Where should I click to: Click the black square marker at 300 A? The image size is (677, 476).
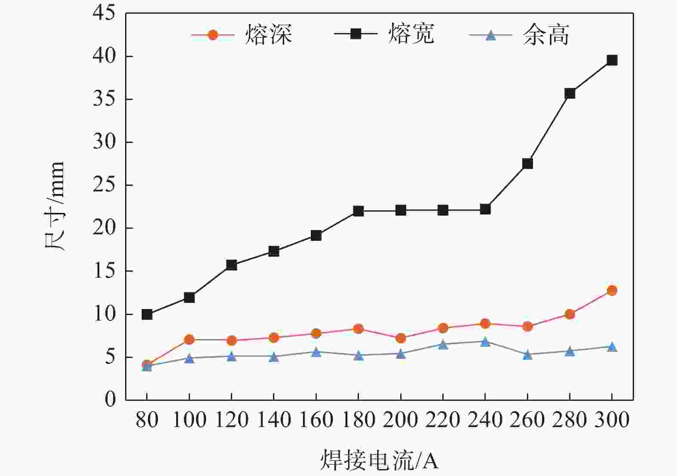pos(612,60)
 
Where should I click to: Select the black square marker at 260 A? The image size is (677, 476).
pos(527,164)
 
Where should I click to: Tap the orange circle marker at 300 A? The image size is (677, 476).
pos(612,291)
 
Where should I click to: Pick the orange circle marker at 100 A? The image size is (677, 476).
pos(189,340)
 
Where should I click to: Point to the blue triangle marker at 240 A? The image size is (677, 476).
pos(485,342)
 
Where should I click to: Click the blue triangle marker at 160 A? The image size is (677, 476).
pos(316,352)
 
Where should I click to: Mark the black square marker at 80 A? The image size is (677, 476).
pos(147,314)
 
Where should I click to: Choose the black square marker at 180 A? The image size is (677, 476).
pos(358,211)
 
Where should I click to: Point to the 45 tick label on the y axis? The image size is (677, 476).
pos(104,13)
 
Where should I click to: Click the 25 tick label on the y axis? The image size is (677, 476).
pos(104,185)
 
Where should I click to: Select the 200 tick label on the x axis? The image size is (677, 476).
pos(400,420)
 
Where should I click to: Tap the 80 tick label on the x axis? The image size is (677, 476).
pos(147,420)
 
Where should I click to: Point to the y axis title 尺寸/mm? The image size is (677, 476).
pos(55,206)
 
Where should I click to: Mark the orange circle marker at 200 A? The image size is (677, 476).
pos(401,338)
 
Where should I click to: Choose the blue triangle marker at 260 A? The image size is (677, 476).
pos(527,355)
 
